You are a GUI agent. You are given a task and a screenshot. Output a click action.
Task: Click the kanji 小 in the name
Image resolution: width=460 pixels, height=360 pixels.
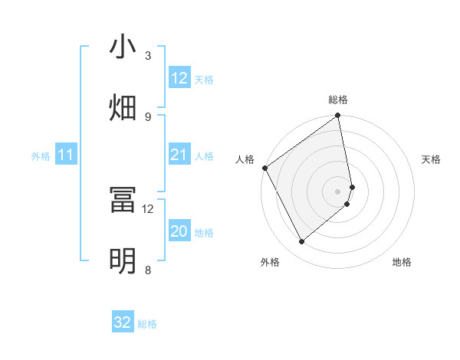123,47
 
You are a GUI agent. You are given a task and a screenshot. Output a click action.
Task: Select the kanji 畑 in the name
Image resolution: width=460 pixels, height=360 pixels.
123,106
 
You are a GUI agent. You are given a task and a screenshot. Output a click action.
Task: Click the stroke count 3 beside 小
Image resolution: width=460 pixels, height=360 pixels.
148,55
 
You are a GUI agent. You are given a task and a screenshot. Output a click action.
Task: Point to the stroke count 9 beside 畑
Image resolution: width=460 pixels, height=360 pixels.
148,116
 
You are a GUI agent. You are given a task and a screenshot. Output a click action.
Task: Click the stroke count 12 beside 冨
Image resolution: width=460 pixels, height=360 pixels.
148,208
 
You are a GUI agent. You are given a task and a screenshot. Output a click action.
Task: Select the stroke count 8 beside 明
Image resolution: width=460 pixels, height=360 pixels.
148,270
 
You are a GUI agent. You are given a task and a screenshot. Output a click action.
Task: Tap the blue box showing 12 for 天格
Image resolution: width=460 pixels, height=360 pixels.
179,78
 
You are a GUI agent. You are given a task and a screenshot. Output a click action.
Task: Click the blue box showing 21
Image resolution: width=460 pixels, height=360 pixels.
179,155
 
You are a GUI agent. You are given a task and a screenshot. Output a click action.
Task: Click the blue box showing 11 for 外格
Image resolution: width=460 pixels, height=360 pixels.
66,155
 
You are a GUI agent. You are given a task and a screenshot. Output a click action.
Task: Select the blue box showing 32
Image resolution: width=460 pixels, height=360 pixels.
123,322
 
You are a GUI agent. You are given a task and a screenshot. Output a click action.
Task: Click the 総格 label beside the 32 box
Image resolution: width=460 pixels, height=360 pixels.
147,324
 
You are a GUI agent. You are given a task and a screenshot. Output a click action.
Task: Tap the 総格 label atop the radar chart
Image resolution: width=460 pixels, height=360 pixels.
338,100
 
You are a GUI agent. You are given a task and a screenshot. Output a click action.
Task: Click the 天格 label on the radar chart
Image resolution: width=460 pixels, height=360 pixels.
432,159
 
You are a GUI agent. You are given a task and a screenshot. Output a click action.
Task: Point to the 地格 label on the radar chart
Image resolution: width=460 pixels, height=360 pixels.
402,262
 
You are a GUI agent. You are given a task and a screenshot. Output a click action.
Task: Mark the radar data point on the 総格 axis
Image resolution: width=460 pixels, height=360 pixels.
338,116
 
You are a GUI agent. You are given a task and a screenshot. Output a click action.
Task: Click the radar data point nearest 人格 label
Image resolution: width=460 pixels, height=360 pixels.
264,168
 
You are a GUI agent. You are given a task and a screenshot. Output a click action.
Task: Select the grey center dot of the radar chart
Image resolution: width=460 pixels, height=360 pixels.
338,191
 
